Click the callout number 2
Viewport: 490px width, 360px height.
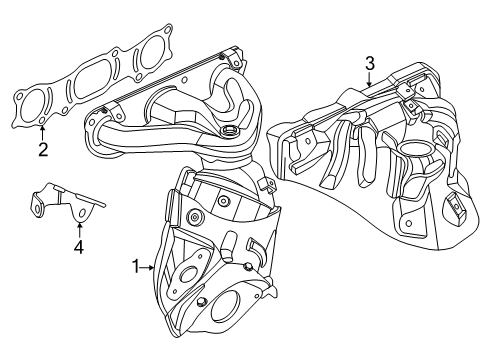coord(42,150)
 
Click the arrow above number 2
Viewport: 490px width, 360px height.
coord(42,132)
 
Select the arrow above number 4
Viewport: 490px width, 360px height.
coord(78,224)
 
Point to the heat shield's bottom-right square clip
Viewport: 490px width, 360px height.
coord(456,237)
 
